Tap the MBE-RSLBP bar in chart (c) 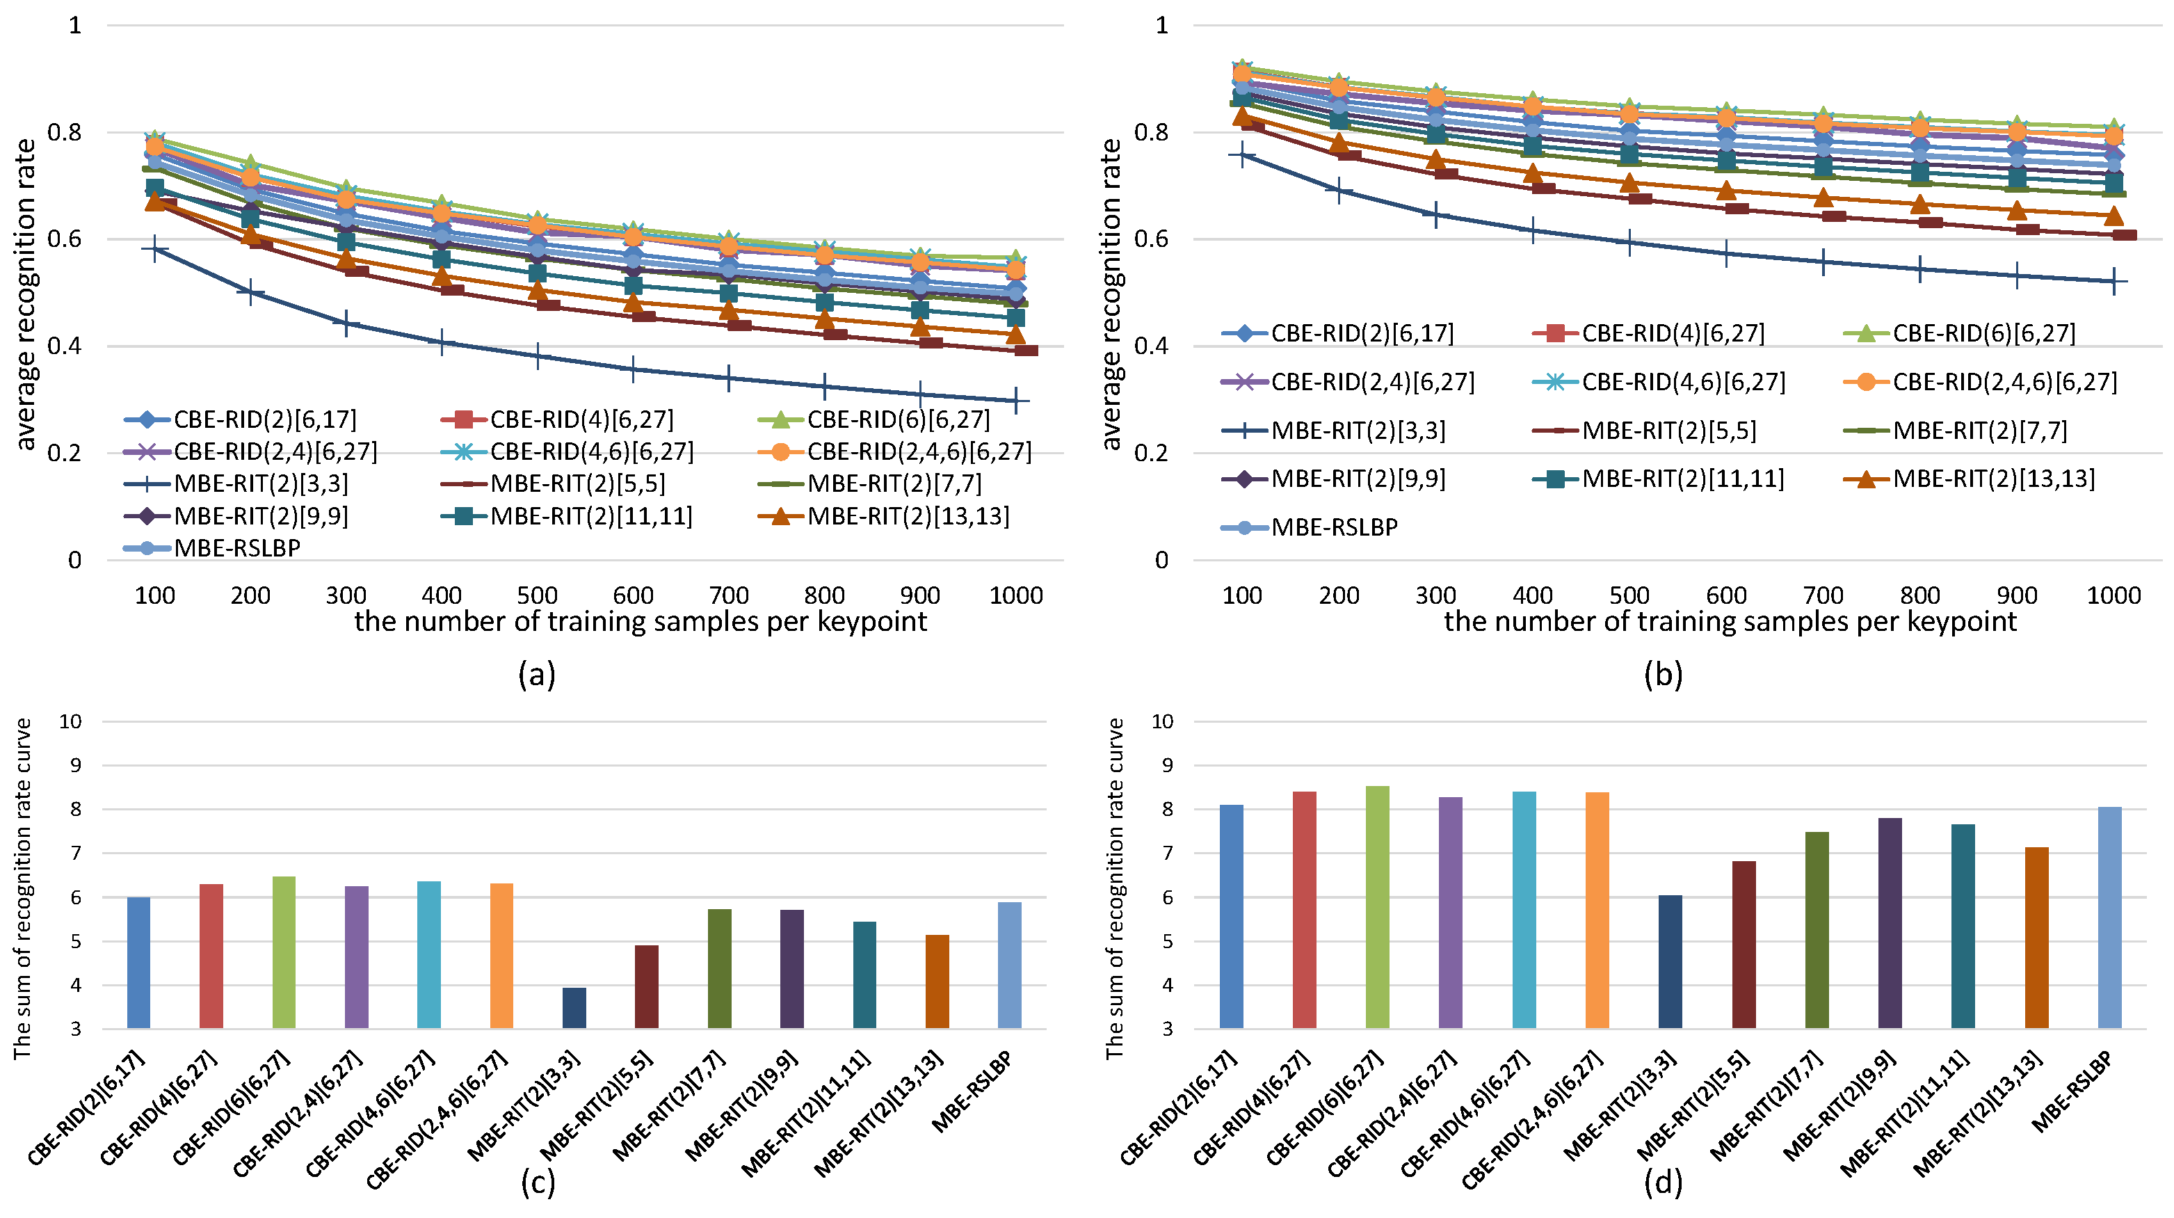1009,965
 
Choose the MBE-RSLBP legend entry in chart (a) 212,548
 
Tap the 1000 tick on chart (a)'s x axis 1016,596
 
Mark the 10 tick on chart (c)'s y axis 70,721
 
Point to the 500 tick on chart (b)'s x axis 1629,596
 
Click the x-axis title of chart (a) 641,622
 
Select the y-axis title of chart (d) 1115,888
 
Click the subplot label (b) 1664,675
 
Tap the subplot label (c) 538,1183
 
